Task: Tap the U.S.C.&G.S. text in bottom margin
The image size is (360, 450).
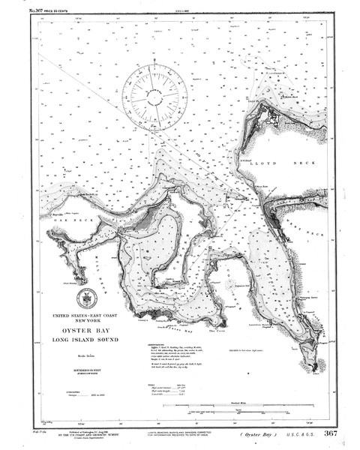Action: tap(295, 434)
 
